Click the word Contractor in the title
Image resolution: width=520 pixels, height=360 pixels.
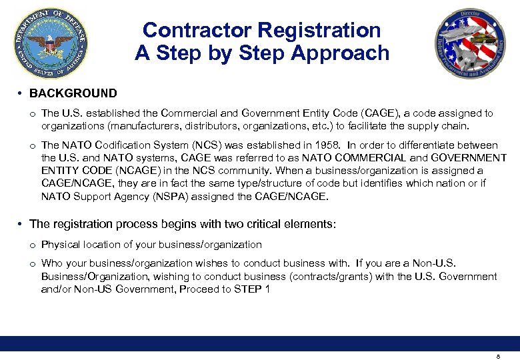(x=196, y=30)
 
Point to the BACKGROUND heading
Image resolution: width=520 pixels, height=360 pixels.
(x=73, y=93)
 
